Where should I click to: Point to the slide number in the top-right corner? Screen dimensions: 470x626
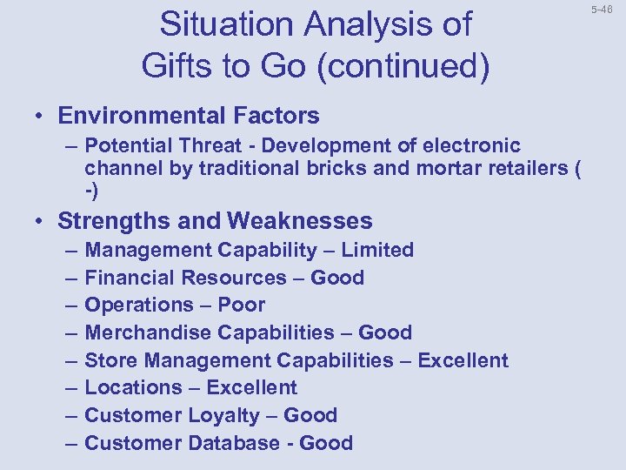click(603, 10)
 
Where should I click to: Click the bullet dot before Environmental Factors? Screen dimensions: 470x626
click(40, 116)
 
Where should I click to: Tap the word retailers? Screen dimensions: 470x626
click(524, 168)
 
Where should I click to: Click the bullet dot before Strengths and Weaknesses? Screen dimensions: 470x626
click(40, 221)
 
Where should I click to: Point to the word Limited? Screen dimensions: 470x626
click(377, 250)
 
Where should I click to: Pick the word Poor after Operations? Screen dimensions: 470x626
click(242, 305)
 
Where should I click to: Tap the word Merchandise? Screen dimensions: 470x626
click(149, 332)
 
